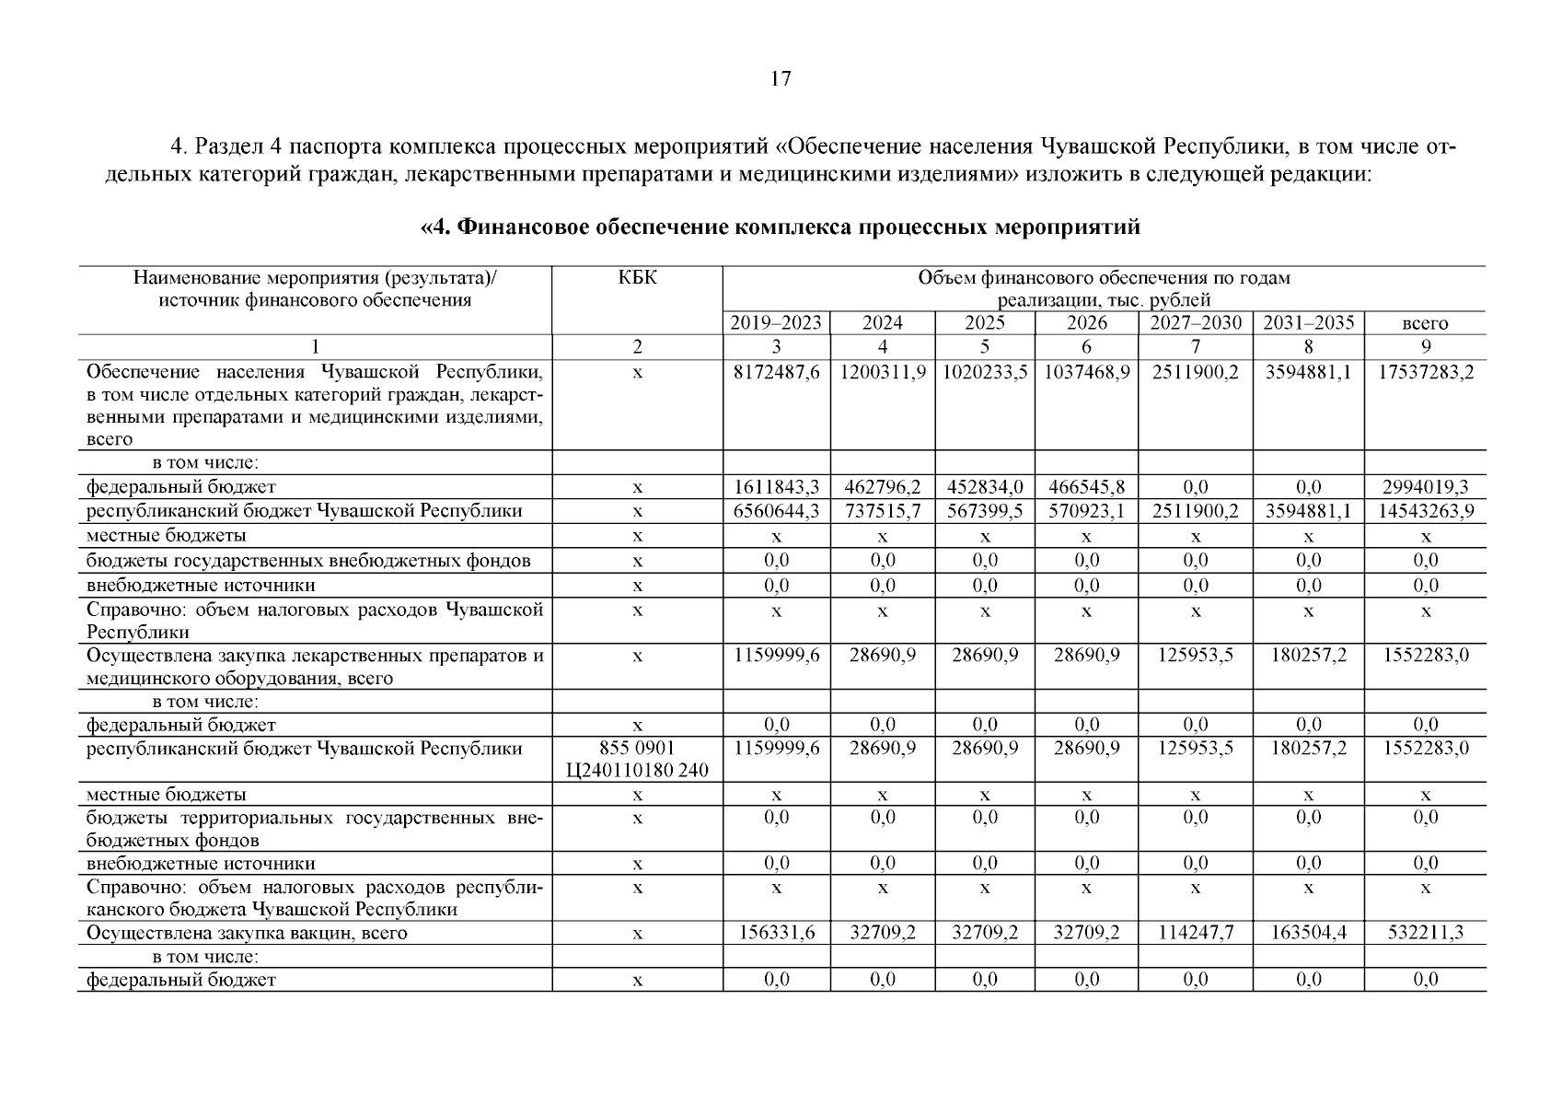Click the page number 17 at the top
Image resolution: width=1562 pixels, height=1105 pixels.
pyautogui.click(x=780, y=79)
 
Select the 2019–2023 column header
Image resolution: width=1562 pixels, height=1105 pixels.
pyautogui.click(x=776, y=323)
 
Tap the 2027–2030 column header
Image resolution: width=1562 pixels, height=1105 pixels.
pyautogui.click(x=1195, y=323)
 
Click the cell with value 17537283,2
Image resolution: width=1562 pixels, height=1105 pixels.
pyautogui.click(x=1425, y=373)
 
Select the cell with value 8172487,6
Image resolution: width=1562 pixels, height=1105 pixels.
pyautogui.click(x=776, y=373)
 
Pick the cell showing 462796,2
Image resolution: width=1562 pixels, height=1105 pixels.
pyautogui.click(x=882, y=487)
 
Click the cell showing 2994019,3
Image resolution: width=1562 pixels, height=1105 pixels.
pyautogui.click(x=1425, y=487)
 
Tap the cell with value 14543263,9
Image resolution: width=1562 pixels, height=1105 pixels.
pyautogui.click(x=1425, y=511)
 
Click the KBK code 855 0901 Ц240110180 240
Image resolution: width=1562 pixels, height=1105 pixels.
pyautogui.click(x=637, y=759)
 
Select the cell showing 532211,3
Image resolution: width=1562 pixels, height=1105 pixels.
pyautogui.click(x=1425, y=933)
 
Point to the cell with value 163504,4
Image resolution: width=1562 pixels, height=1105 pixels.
pyautogui.click(x=1308, y=933)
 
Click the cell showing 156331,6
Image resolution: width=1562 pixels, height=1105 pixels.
pyautogui.click(x=776, y=933)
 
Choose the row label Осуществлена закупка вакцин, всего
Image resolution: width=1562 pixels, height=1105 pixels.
pyautogui.click(x=247, y=933)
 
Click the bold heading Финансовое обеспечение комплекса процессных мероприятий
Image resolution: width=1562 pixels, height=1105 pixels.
pyautogui.click(x=780, y=227)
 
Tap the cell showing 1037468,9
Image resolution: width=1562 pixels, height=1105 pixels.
pyautogui.click(x=1086, y=373)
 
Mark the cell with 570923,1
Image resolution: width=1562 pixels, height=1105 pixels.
pyautogui.click(x=1086, y=511)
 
